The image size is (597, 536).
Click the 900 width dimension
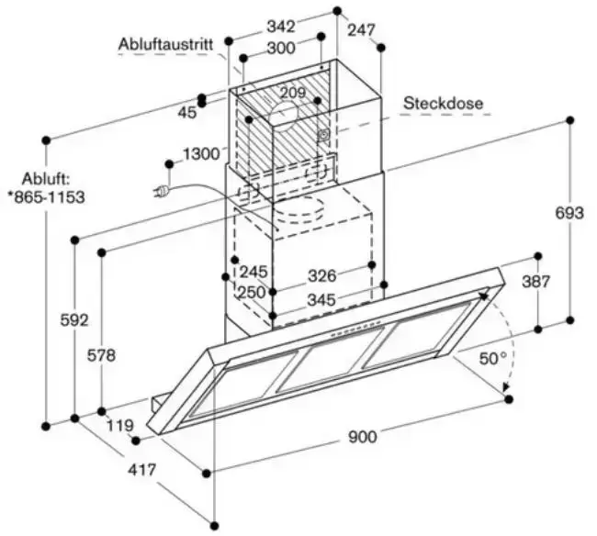[363, 438]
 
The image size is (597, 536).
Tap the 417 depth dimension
[141, 470]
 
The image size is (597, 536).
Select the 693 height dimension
[569, 213]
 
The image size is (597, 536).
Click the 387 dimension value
[537, 283]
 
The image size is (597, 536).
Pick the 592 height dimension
[73, 320]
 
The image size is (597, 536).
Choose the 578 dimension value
[101, 355]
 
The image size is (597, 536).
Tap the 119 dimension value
[120, 425]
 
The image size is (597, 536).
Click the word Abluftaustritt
[165, 43]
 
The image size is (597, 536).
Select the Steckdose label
[443, 103]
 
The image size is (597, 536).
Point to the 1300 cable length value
[200, 153]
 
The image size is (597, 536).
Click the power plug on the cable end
[162, 191]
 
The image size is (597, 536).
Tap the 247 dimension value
[363, 29]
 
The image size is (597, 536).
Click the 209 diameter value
[293, 92]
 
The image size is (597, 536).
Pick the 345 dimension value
[321, 298]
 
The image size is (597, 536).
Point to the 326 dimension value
[321, 274]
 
